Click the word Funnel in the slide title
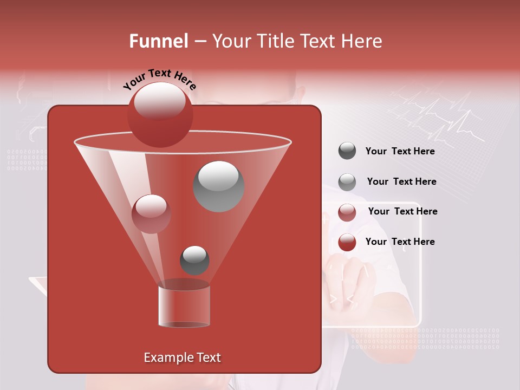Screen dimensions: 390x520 (x=158, y=41)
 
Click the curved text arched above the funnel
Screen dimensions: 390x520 (x=159, y=79)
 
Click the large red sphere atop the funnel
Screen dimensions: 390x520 (x=160, y=114)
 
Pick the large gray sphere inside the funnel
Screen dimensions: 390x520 (x=218, y=186)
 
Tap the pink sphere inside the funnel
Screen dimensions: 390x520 (x=151, y=214)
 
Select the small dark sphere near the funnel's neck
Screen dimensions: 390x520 (x=194, y=261)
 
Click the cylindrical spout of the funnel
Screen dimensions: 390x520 (x=184, y=304)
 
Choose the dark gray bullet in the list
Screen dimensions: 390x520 (x=347, y=151)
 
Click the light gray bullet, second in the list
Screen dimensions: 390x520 (x=347, y=181)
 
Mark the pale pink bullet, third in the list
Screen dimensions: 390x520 (x=347, y=212)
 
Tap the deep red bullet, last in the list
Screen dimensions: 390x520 (x=347, y=242)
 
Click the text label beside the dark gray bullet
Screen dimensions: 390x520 (x=400, y=151)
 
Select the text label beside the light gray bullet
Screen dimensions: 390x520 (x=401, y=181)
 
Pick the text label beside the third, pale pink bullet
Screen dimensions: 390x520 (x=402, y=211)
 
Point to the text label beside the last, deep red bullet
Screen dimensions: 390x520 (x=400, y=242)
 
